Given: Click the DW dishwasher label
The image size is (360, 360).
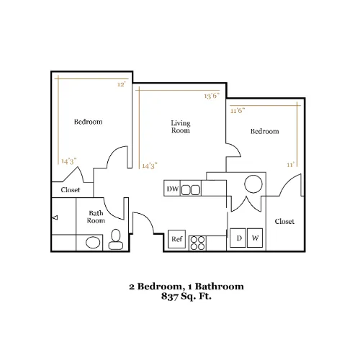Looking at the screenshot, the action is tap(173, 189).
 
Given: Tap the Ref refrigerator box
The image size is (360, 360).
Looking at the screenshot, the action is tap(177, 239).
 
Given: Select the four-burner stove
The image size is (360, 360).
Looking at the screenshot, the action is tap(198, 243).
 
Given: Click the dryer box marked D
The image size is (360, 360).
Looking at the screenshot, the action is tap(238, 238).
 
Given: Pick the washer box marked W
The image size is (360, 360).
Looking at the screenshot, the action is tap(255, 238).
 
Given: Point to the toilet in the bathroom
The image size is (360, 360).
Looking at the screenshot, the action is tap(116, 240).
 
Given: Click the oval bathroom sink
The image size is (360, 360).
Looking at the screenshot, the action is tap(93, 243).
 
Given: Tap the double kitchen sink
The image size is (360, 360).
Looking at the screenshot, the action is tap(191, 190).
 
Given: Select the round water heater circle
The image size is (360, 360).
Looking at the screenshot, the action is tap(253, 184).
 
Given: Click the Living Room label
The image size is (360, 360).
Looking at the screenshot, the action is tap(181, 127).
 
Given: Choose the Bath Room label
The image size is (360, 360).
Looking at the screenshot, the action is tap(96, 217).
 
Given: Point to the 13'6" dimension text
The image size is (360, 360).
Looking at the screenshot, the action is tap(212, 96).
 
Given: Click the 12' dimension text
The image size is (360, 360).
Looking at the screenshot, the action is tap(122, 84).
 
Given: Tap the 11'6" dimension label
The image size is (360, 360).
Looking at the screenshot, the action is tap(238, 111).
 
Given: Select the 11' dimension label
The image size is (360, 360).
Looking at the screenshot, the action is tap(290, 165).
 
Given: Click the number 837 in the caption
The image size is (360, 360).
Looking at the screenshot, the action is tap(170, 296).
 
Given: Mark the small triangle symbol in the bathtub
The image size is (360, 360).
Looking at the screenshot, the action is tap(55, 217).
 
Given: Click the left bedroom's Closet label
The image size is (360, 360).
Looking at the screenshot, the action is tap(71, 190).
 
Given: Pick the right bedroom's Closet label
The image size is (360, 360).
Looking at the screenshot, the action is tap(284, 221).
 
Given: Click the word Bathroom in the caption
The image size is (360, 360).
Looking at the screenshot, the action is tap(219, 287).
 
